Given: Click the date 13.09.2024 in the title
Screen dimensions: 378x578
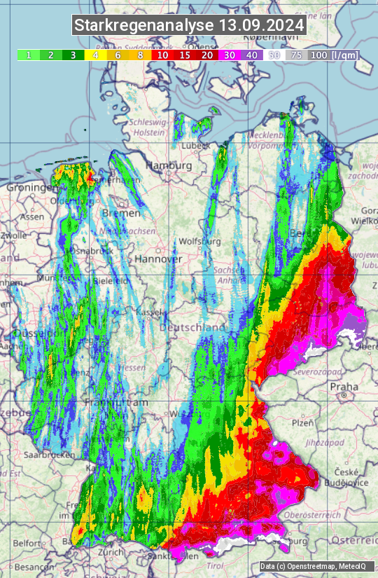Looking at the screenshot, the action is coord(262,26).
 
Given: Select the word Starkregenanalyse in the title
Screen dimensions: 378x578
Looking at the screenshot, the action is coord(145,26).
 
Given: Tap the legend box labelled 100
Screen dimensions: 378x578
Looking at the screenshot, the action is coord(319,55).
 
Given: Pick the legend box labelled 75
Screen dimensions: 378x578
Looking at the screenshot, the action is coord(296,55).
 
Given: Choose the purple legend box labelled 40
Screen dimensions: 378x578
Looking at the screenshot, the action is coord(252,55).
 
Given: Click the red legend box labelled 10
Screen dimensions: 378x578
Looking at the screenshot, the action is coord(162,55).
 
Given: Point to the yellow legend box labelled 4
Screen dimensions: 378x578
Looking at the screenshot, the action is coord(95,55).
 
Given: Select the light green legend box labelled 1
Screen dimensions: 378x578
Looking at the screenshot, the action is coord(28,55).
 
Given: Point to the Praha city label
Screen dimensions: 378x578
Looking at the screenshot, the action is coord(344,386).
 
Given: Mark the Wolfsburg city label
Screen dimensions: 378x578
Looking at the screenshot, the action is coord(200,241).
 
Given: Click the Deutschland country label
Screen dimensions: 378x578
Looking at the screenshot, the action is coord(193,327).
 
